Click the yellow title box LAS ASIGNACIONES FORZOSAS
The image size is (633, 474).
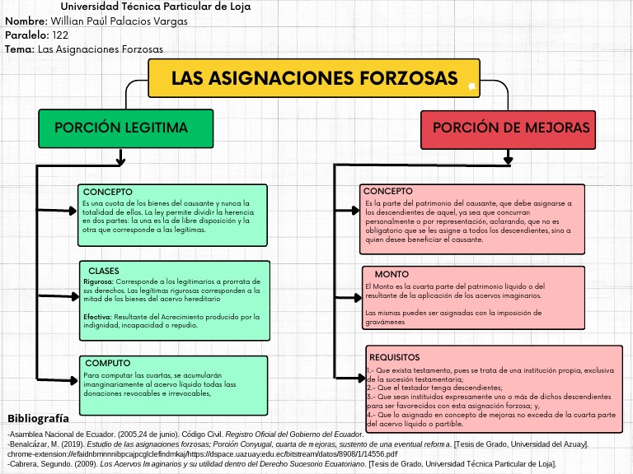tap(314, 78)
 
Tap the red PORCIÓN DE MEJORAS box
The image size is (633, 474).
tap(511, 128)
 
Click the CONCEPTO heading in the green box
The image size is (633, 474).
tap(108, 192)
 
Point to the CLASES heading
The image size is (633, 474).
tap(104, 271)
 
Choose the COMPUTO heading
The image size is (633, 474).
tap(108, 363)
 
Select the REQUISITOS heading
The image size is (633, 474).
tap(395, 357)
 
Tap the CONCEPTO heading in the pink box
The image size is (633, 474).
tap(388, 191)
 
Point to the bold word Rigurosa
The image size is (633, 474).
tap(98, 281)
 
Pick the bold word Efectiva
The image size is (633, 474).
tap(97, 316)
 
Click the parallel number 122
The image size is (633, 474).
tap(60, 35)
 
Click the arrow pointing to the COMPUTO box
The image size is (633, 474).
tap(58, 375)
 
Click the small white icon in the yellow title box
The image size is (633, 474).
tap(471, 86)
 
